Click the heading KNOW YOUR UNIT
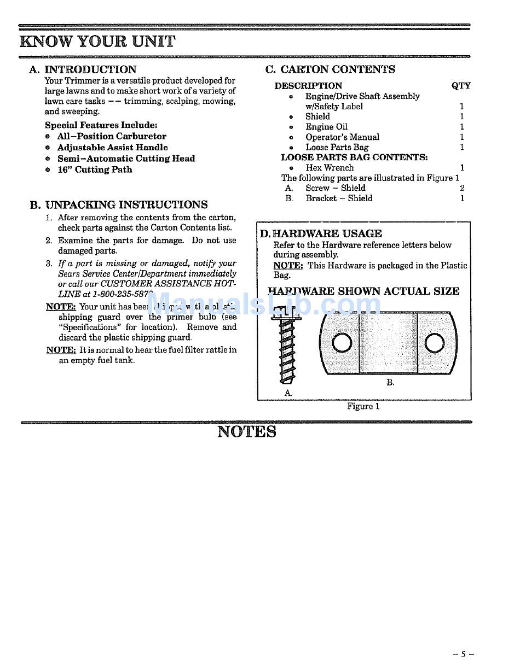pyautogui.click(x=97, y=42)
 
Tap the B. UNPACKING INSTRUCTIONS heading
pyautogui.click(x=119, y=205)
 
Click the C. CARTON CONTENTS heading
pyautogui.click(x=330, y=69)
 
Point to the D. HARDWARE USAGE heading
pyautogui.click(x=321, y=233)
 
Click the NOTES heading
pyautogui.click(x=247, y=432)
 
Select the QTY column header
pyautogui.click(x=461, y=86)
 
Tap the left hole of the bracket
pyautogui.click(x=342, y=343)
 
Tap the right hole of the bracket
pyautogui.click(x=434, y=343)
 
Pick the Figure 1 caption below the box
pyautogui.click(x=363, y=406)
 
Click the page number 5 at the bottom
pyautogui.click(x=463, y=654)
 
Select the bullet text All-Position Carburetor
pyautogui.click(x=112, y=136)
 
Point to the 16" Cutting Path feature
pyautogui.click(x=95, y=169)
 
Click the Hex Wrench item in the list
pyautogui.click(x=330, y=168)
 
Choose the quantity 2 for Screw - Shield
pyautogui.click(x=462, y=188)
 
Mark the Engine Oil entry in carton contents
pyautogui.click(x=326, y=127)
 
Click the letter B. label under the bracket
pyautogui.click(x=390, y=383)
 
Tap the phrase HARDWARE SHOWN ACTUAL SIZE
pyautogui.click(x=363, y=291)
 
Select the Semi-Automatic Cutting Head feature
pyautogui.click(x=126, y=159)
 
